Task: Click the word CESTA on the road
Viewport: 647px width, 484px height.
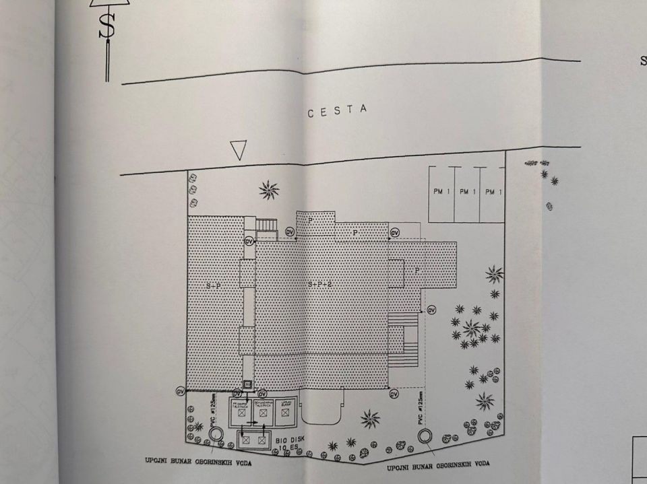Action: tap(338, 111)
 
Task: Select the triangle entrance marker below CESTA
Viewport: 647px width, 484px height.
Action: tap(238, 150)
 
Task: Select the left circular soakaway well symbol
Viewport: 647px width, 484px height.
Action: tap(216, 434)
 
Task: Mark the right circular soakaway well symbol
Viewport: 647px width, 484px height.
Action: tap(425, 436)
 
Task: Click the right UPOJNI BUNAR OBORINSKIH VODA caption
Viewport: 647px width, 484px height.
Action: tap(438, 464)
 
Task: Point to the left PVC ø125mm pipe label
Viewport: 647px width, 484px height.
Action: tap(212, 409)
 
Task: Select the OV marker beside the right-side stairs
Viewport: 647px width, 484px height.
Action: tap(431, 310)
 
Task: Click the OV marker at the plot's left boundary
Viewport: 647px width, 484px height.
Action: tap(180, 390)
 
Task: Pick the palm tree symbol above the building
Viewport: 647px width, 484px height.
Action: tap(269, 190)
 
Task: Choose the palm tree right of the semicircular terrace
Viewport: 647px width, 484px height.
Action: tap(369, 419)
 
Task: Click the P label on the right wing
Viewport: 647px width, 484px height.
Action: tap(417, 269)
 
